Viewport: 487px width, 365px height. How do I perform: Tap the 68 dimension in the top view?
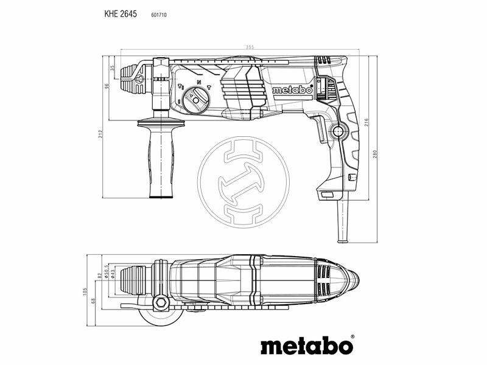[92, 301]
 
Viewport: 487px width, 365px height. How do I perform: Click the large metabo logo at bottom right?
[307, 345]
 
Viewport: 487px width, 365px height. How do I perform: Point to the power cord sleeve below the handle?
[342, 218]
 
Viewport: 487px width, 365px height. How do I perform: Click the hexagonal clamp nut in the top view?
[162, 301]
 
